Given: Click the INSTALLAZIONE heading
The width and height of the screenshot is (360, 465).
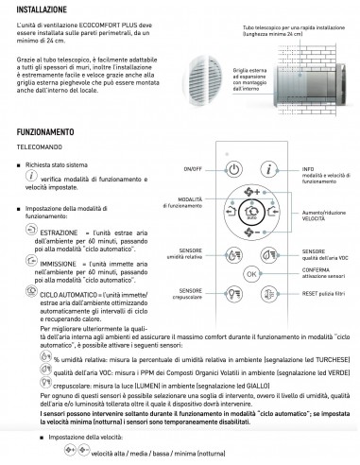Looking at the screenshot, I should (x=35, y=10).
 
